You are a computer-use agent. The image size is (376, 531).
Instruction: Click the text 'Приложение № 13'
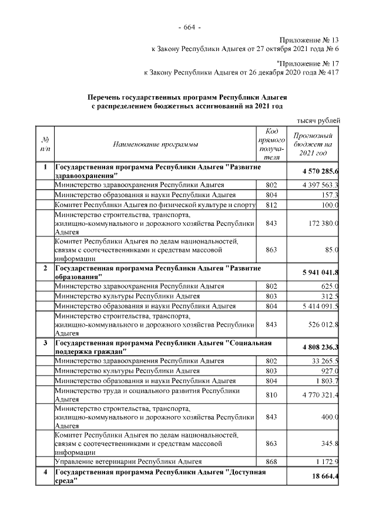coord(309,39)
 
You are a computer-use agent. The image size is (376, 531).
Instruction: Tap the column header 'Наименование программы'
coord(155,144)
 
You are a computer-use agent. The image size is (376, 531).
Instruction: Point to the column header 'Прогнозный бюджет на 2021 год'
coord(313,144)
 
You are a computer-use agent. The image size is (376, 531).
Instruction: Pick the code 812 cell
coord(271,205)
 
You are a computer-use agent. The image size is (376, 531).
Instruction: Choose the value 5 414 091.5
coord(315,306)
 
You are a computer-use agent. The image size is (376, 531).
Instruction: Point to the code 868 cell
coord(271,462)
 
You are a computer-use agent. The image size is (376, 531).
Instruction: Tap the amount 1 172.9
coord(324,462)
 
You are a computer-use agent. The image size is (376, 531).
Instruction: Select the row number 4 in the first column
coord(45,472)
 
